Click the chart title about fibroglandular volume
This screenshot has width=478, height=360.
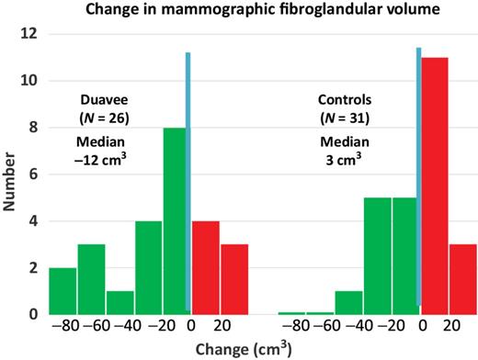pos(247,11)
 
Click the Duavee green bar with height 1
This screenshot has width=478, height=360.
pos(119,302)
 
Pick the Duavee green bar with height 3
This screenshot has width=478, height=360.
pos(91,279)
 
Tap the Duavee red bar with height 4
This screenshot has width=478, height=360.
pos(206,267)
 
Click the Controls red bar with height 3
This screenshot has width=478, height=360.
pos(462,279)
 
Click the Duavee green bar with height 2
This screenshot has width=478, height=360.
pos(63,291)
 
